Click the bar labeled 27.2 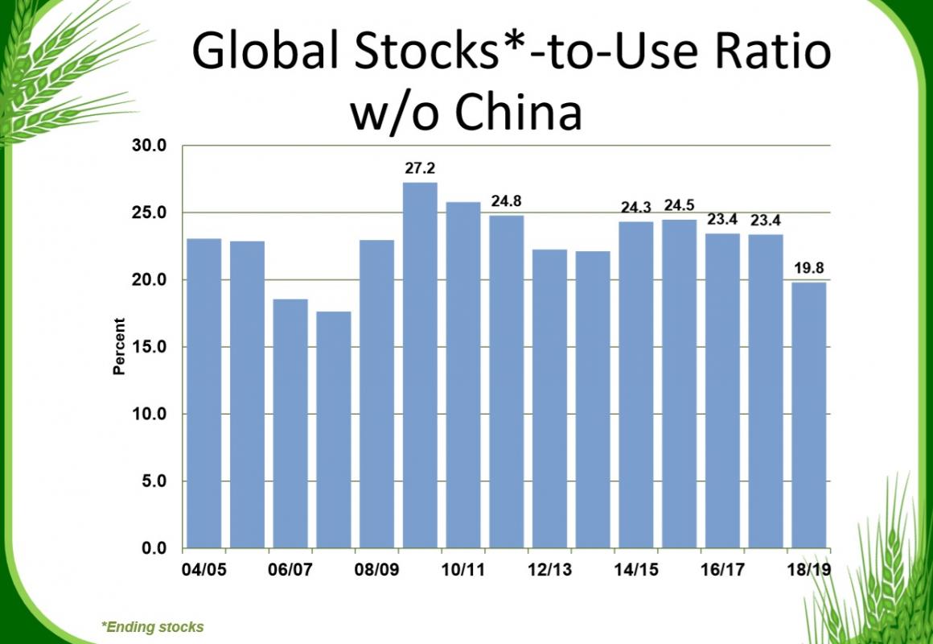(420, 365)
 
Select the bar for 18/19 (808, 415)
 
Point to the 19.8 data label (808, 268)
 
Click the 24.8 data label (506, 201)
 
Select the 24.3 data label (636, 207)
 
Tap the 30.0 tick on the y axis (150, 147)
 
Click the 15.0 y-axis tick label (150, 347)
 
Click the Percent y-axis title (120, 347)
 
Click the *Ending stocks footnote (153, 626)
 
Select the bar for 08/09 (376, 394)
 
